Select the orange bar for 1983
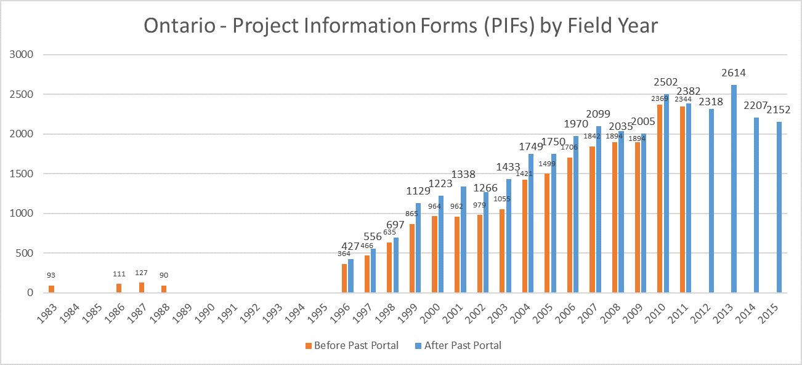tap(52, 289)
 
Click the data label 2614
tap(734, 73)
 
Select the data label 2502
tap(666, 82)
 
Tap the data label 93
tap(52, 275)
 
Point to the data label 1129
tap(419, 191)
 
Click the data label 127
tap(142, 273)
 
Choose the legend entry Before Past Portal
tap(352, 345)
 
